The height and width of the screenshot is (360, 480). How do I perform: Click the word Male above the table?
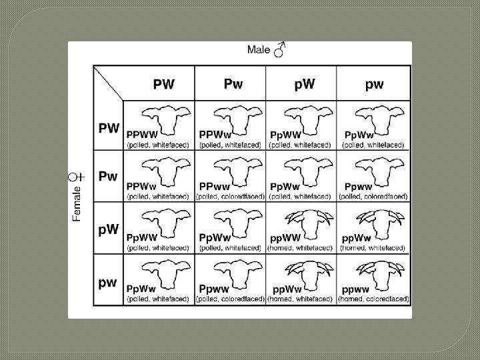pyautogui.click(x=259, y=50)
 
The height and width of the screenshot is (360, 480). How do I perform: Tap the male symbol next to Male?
pyautogui.click(x=279, y=49)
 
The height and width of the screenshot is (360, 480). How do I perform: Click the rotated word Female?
pyautogui.click(x=77, y=204)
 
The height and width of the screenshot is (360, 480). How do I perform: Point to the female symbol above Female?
pyautogui.click(x=76, y=177)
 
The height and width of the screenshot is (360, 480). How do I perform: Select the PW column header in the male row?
pyautogui.click(x=164, y=84)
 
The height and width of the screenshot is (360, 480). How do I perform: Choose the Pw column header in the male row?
pyautogui.click(x=233, y=83)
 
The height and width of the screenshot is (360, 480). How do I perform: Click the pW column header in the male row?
pyautogui.click(x=305, y=84)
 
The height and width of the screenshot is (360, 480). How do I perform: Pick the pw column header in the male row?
pyautogui.click(x=375, y=85)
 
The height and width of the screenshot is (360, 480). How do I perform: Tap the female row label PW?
pyautogui.click(x=109, y=128)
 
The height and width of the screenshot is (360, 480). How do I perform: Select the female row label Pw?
pyautogui.click(x=108, y=176)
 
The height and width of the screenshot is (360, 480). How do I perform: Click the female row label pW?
pyautogui.click(x=109, y=229)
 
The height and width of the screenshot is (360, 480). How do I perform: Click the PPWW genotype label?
pyautogui.click(x=142, y=135)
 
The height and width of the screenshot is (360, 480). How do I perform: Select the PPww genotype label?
pyautogui.click(x=214, y=187)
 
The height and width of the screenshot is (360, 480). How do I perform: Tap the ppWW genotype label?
pyautogui.click(x=285, y=238)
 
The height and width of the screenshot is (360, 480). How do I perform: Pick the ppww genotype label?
pyautogui.click(x=355, y=289)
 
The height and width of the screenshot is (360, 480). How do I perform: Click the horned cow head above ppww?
pyautogui.click(x=381, y=275)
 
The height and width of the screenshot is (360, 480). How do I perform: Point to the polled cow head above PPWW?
pyautogui.click(x=166, y=120)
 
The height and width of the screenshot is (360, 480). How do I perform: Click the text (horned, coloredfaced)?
pyautogui.click(x=373, y=299)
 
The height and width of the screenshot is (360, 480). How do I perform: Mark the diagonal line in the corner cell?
pyautogui.click(x=109, y=83)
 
